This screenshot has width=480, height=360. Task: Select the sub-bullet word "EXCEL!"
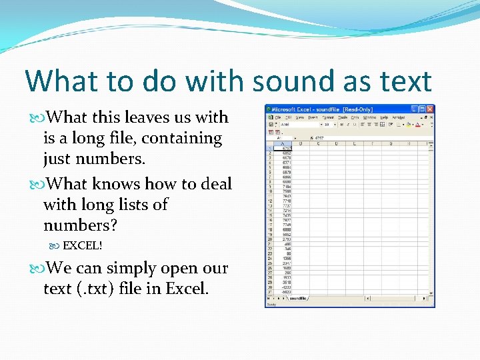(x=82, y=245)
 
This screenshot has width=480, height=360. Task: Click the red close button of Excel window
(x=430, y=109)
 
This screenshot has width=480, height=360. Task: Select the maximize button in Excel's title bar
(x=423, y=109)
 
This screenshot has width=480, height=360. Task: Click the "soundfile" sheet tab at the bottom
(x=297, y=298)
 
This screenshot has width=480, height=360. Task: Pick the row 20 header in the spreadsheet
(x=269, y=239)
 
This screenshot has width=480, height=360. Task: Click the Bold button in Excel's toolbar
(x=341, y=124)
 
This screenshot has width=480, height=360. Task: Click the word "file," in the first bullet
(x=133, y=139)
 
